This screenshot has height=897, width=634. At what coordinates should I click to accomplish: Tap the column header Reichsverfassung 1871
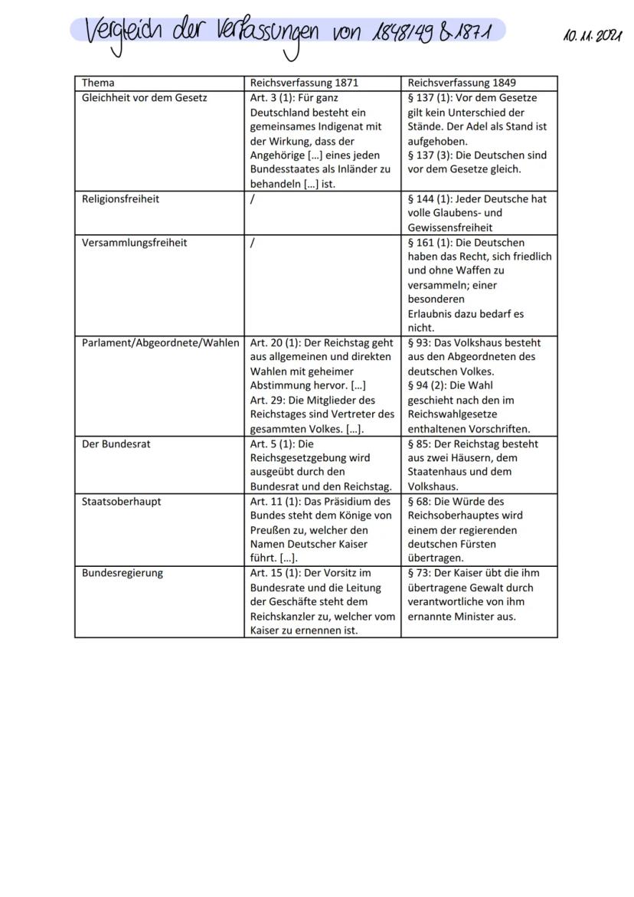pyautogui.click(x=304, y=83)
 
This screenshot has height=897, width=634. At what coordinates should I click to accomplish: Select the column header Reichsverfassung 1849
pyautogui.click(x=461, y=83)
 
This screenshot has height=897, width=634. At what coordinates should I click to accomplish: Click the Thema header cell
pyautogui.click(x=98, y=83)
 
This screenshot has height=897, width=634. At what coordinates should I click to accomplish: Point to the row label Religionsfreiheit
pyautogui.click(x=120, y=199)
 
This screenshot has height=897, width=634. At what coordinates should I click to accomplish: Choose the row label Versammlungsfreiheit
pyautogui.click(x=134, y=243)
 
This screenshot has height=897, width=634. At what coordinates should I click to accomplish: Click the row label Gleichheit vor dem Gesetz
pyautogui.click(x=144, y=97)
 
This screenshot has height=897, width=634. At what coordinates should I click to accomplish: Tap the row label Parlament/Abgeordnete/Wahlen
pyautogui.click(x=160, y=343)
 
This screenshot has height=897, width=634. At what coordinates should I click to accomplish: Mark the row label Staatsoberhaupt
pyautogui.click(x=121, y=502)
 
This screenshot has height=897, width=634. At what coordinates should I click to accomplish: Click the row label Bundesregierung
pyautogui.click(x=122, y=573)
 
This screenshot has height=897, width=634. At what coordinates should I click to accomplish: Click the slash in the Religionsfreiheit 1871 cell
pyautogui.click(x=253, y=199)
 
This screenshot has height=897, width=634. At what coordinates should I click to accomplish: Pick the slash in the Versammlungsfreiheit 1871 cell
pyautogui.click(x=253, y=243)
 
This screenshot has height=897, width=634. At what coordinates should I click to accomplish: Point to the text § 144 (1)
pyautogui.click(x=433, y=199)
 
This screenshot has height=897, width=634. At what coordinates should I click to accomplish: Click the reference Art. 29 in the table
pyautogui.click(x=266, y=401)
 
